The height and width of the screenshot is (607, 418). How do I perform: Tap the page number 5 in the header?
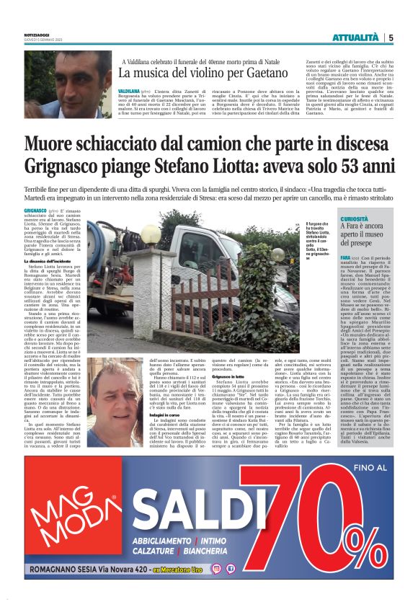click(x=391, y=37)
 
